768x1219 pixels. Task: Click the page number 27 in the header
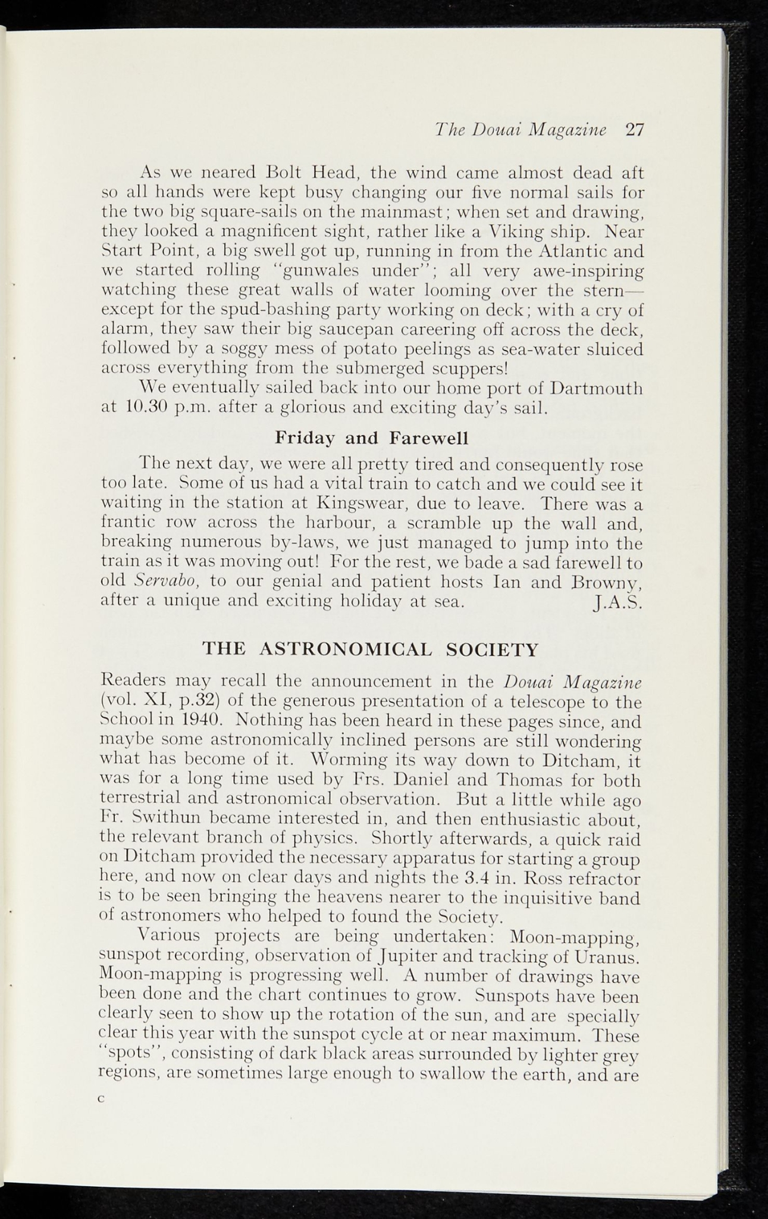point(634,130)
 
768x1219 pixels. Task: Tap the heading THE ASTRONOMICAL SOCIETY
point(371,648)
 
